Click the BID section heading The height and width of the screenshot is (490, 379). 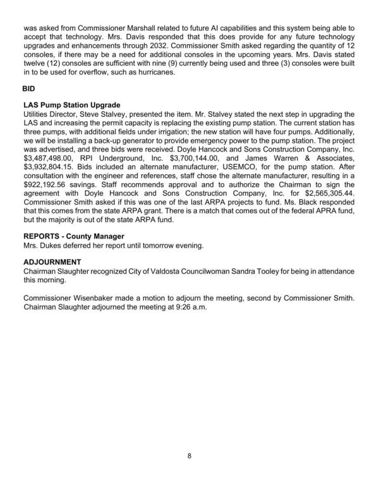pyautogui.click(x=29, y=88)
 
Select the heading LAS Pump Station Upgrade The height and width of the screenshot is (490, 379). pyautogui.click(x=71, y=104)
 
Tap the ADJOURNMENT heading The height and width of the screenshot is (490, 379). pyautogui.click(x=52, y=261)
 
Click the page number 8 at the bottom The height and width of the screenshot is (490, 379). pyautogui.click(x=189, y=457)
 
